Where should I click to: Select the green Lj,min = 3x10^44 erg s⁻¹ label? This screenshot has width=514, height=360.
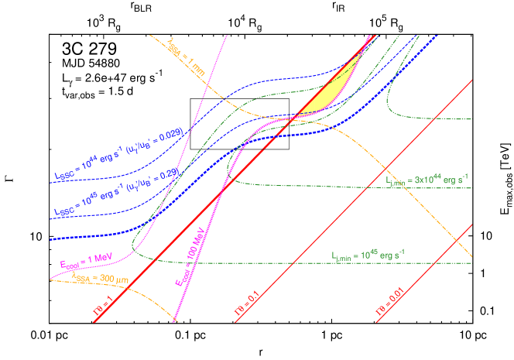[x=430, y=180]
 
